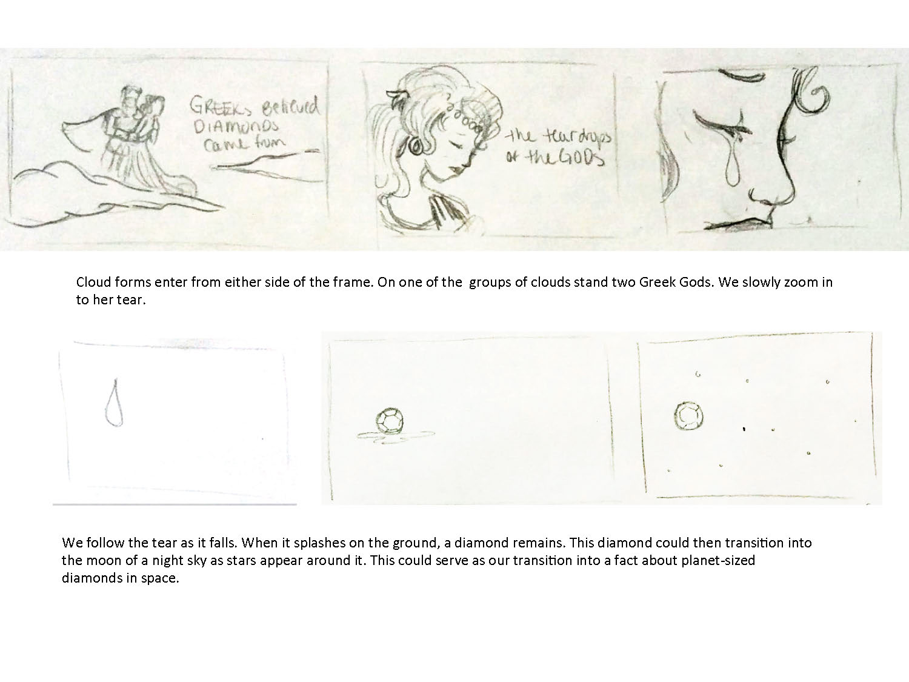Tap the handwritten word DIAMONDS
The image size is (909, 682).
[x=237, y=125]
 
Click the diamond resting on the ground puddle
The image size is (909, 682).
[x=390, y=421]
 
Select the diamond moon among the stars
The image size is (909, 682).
[x=688, y=416]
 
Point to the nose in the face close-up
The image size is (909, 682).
[x=774, y=195]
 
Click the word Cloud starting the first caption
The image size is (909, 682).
[x=93, y=282]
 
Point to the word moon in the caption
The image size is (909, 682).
[x=105, y=561]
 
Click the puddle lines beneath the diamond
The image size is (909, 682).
[x=396, y=437]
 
